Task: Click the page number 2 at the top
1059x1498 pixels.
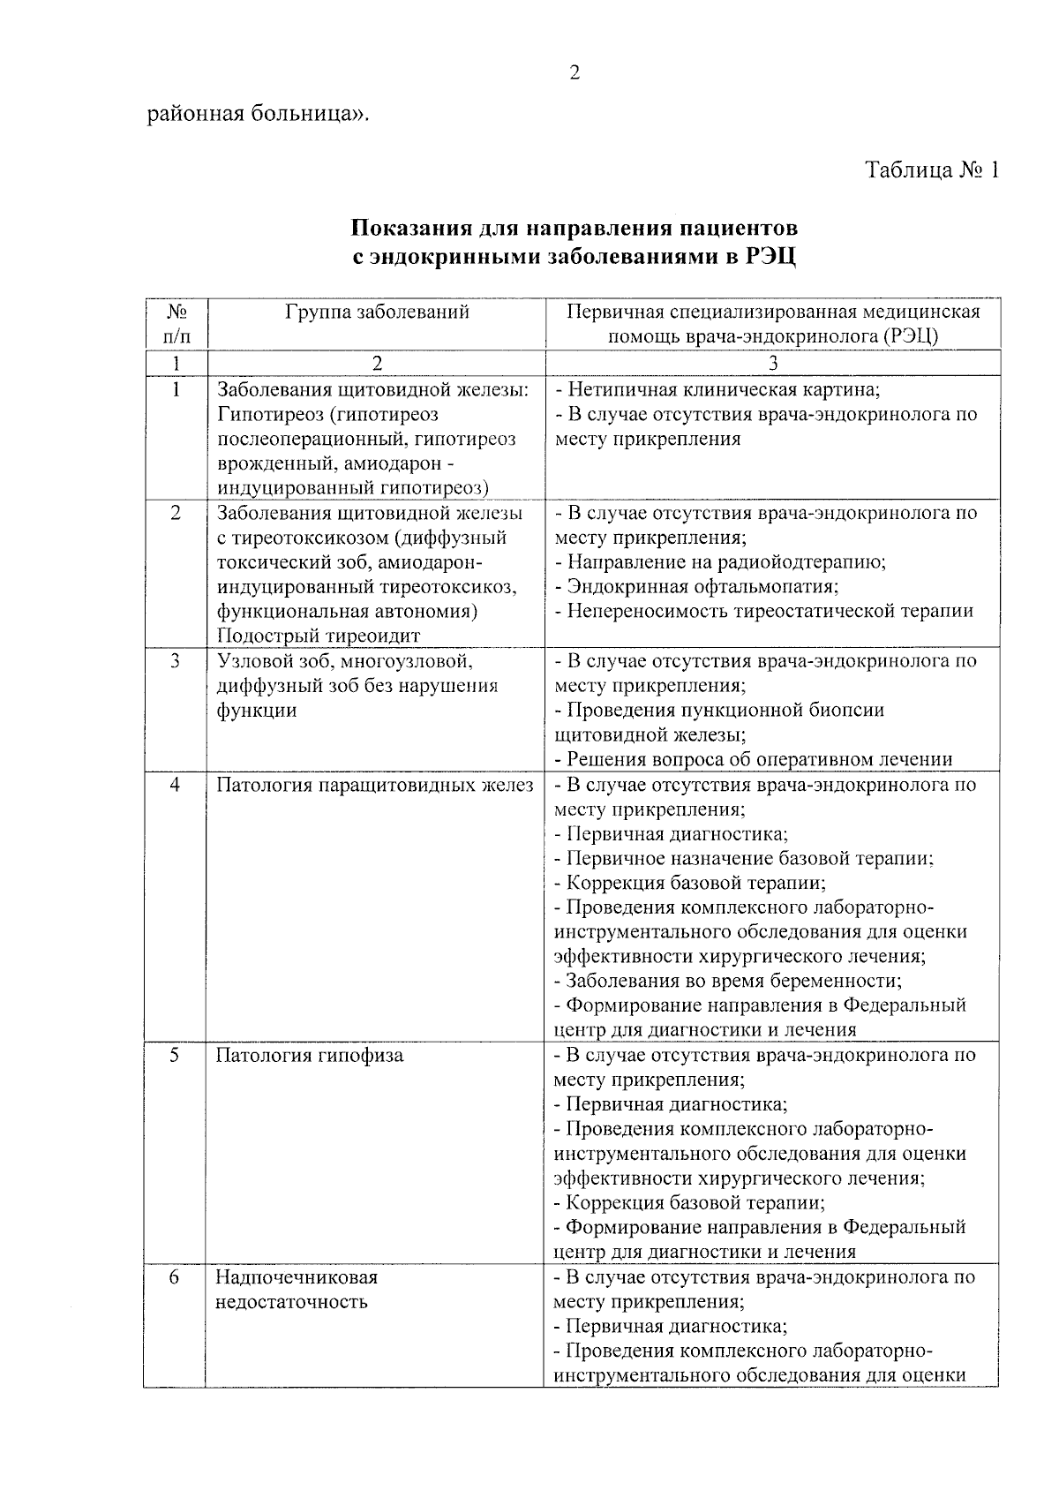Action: (x=575, y=73)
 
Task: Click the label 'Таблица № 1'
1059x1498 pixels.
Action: (x=932, y=170)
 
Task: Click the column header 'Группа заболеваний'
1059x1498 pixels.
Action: (x=377, y=312)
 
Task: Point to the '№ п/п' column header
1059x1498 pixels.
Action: (x=176, y=324)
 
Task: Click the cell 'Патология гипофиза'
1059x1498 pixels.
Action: (x=310, y=1055)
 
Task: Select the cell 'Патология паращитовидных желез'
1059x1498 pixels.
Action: (x=375, y=785)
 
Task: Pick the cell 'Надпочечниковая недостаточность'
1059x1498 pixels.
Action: (x=297, y=1290)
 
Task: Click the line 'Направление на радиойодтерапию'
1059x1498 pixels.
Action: (x=720, y=561)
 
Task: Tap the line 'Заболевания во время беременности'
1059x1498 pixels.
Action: (x=728, y=981)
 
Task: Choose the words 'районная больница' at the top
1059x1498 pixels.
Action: (x=256, y=114)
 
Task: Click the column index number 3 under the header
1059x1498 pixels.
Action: (x=773, y=363)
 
